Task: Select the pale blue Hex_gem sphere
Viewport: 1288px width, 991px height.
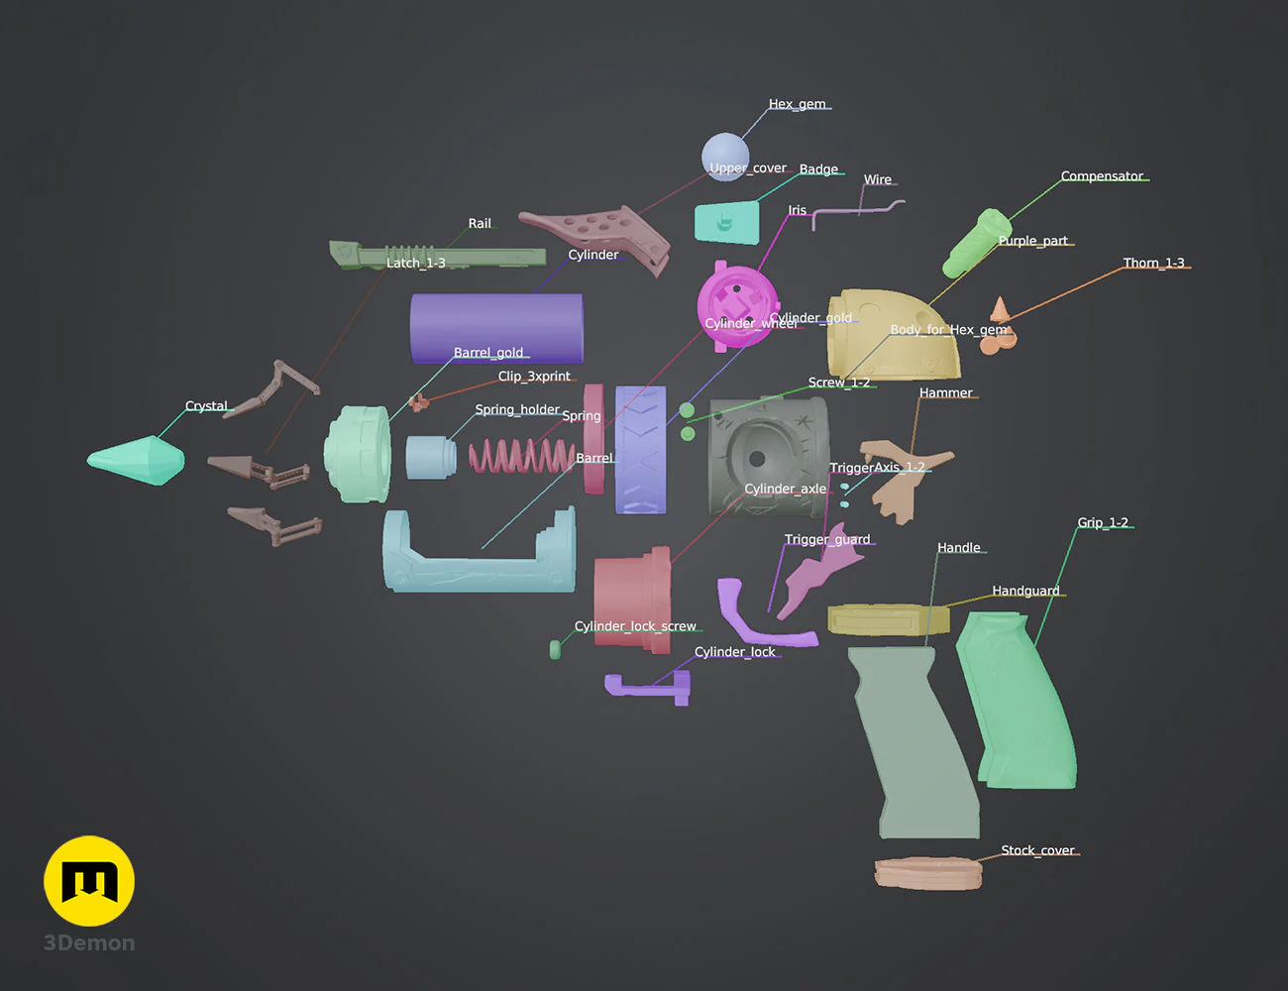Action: (724, 154)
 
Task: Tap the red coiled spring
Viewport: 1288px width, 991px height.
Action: (520, 456)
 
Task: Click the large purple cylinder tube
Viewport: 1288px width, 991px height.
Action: (496, 327)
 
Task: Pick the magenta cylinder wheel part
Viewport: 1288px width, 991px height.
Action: (737, 302)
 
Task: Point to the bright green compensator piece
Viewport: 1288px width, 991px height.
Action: (975, 243)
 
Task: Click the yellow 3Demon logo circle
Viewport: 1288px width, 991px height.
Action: (89, 881)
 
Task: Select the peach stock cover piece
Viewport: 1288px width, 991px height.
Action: (928, 872)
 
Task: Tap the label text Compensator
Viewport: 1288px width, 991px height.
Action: (1102, 176)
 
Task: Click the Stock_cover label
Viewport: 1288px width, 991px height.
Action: (1037, 850)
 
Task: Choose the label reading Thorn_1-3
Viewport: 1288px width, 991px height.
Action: (1153, 263)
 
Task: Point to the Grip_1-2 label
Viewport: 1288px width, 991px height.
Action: (1103, 522)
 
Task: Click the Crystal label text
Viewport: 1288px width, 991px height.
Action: (206, 406)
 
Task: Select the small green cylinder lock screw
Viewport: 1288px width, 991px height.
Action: (555, 649)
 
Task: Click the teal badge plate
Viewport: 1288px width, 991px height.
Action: (726, 223)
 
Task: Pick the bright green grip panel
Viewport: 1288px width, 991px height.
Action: (1020, 704)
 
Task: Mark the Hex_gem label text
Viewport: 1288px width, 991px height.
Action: (797, 104)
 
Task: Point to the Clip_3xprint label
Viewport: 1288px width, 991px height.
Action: (534, 377)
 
